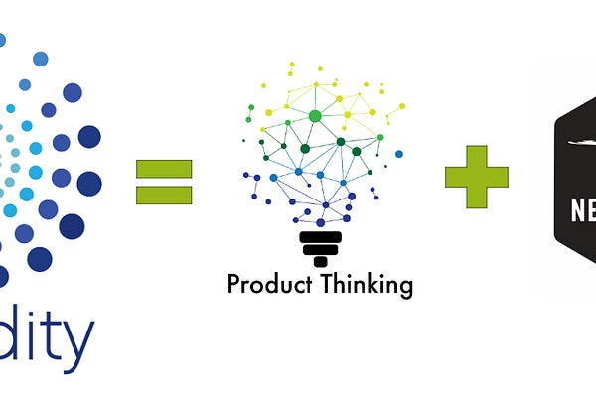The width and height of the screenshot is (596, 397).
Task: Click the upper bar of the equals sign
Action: [x=164, y=165]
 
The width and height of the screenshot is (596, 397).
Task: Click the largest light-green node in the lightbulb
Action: [x=315, y=116]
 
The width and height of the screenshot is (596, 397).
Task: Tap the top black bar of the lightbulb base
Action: [x=320, y=237]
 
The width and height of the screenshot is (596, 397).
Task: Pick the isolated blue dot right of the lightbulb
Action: [x=399, y=154]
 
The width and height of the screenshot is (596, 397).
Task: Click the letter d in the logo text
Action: [x=18, y=337]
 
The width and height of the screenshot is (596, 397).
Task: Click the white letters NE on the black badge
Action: [x=582, y=211]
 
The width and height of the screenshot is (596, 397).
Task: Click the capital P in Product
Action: [x=233, y=285]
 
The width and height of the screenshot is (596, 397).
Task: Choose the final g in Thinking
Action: [x=404, y=289]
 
